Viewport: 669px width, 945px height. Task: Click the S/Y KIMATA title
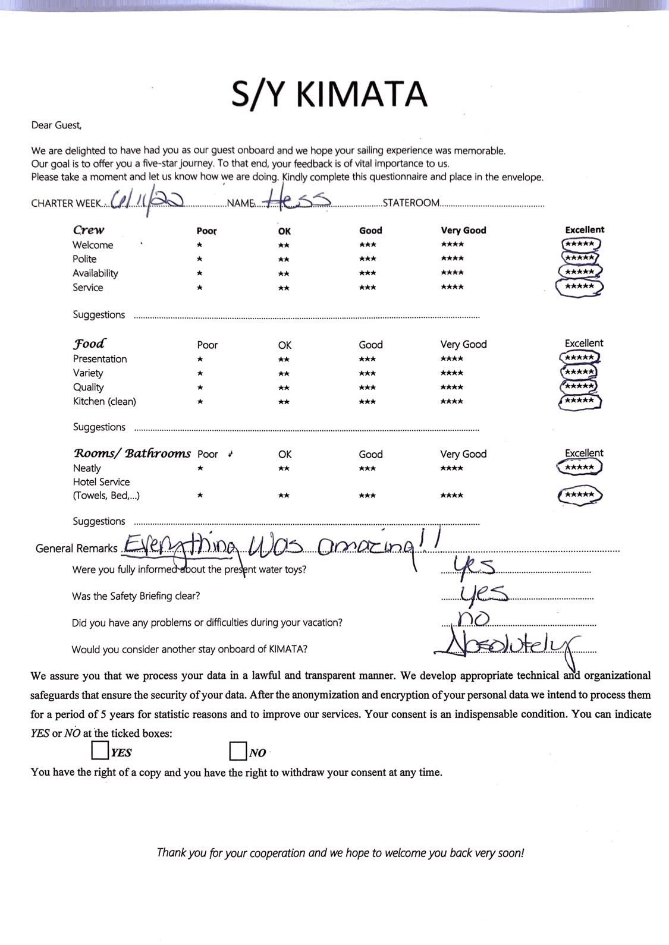point(329,94)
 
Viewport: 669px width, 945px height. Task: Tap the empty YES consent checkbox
point(100,751)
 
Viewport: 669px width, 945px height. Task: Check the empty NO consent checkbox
point(238,751)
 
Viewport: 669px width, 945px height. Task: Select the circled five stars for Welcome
point(580,244)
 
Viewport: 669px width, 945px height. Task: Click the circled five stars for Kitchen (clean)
point(580,401)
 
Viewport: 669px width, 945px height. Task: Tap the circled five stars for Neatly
point(580,468)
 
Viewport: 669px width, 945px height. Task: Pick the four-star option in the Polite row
point(453,259)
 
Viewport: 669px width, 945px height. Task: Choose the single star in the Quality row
point(200,388)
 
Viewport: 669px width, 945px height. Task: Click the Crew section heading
point(89,230)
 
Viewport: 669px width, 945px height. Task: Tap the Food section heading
point(89,344)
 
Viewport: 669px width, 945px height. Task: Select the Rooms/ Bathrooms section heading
point(132,453)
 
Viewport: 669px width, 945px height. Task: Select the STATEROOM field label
point(411,203)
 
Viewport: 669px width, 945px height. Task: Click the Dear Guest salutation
point(56,125)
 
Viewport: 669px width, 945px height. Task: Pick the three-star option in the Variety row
point(368,373)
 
